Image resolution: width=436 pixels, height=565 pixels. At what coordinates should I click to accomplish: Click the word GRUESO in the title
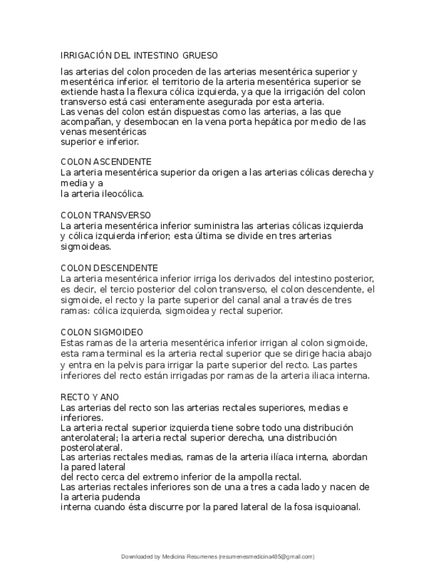(x=198, y=55)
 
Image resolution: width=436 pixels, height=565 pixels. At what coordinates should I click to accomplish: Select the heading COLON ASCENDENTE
(x=106, y=162)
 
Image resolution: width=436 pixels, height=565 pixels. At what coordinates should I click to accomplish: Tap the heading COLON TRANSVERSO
(x=106, y=215)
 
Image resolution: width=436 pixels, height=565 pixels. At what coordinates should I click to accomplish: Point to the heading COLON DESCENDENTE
(x=109, y=268)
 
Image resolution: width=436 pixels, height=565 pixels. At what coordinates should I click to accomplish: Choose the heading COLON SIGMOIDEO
(x=102, y=332)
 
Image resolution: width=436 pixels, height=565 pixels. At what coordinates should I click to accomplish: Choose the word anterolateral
(x=92, y=438)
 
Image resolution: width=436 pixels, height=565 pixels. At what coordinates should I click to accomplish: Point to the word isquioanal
(x=330, y=507)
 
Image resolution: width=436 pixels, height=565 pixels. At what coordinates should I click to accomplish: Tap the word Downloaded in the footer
(x=136, y=556)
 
